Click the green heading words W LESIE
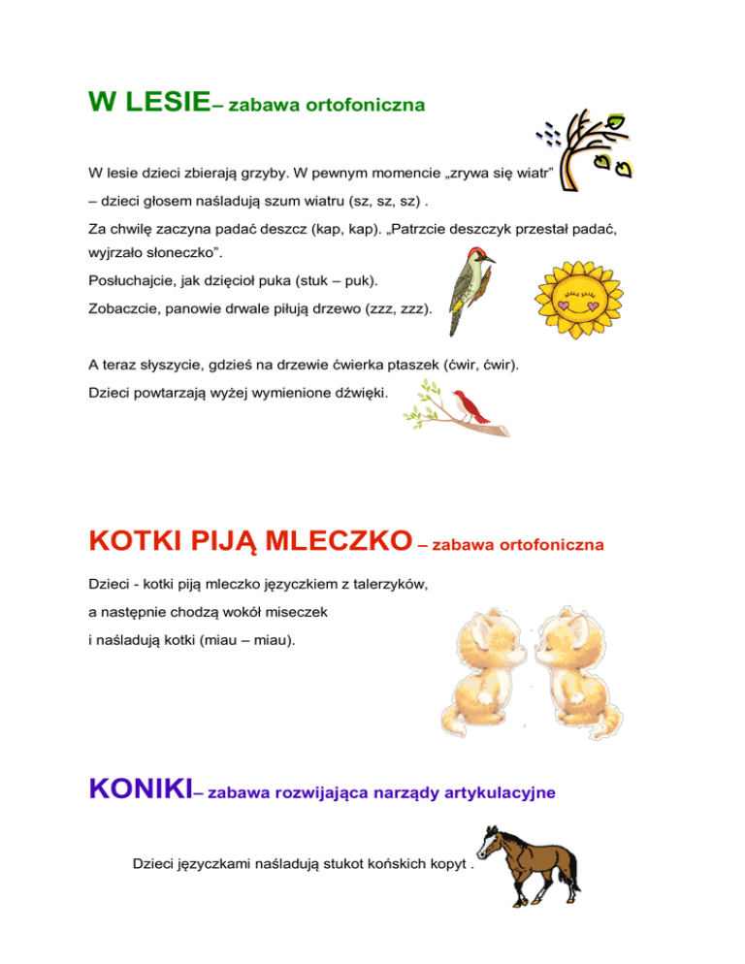(x=148, y=102)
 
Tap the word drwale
(x=248, y=305)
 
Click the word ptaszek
(x=408, y=366)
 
